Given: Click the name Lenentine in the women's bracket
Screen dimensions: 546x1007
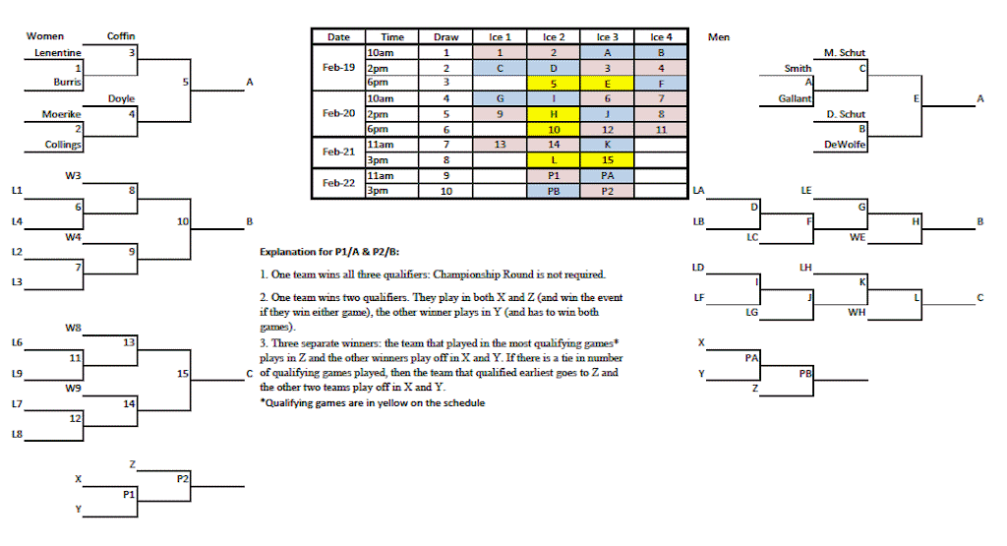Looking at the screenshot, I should tap(58, 52).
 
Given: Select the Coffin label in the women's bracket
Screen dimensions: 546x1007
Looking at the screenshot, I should tap(121, 36).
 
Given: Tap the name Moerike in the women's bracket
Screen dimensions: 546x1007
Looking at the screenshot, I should tap(61, 114).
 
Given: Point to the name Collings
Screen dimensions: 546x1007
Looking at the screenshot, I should tap(63, 145).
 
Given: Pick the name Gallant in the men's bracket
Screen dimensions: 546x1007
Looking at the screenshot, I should tap(795, 98).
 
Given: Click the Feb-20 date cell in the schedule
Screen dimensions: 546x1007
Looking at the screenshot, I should tap(337, 113).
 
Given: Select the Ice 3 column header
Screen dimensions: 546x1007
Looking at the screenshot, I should tap(608, 37).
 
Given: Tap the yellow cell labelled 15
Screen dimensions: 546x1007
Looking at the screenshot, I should tap(608, 159).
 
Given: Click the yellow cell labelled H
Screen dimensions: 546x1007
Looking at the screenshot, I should tap(554, 113).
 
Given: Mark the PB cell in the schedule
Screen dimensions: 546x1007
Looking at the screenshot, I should tap(554, 191).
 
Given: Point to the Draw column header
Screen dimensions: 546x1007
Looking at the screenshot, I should tap(445, 37).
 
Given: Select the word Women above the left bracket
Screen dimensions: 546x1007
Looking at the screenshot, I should tap(45, 36).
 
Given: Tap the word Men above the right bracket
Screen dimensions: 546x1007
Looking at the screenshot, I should tap(718, 37).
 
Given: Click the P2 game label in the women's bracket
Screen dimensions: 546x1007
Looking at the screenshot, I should tap(183, 478).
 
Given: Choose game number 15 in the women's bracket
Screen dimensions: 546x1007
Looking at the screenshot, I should tap(182, 374).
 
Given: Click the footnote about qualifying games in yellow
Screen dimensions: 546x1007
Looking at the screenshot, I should tap(372, 402).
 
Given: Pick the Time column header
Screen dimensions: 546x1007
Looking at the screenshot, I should tap(392, 37).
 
